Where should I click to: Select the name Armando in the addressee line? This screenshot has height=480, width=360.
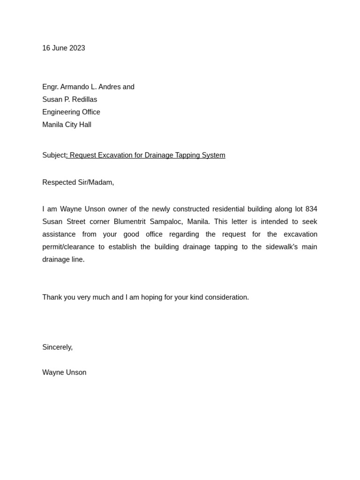coord(76,87)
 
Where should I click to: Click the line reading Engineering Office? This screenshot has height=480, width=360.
coord(71,112)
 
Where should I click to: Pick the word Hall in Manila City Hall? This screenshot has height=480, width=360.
coord(85,125)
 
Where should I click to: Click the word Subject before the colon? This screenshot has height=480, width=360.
coord(54,155)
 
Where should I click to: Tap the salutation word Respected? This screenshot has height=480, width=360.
coord(59,182)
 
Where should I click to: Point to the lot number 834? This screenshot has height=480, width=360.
coord(311,209)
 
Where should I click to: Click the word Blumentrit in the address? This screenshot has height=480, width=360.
coord(130,222)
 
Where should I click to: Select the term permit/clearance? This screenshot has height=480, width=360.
coord(68,247)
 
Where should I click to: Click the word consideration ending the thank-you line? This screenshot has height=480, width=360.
coord(227,297)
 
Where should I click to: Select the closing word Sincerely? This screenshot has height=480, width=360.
coord(57,347)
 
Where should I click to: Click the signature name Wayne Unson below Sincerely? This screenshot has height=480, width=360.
coord(64,373)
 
